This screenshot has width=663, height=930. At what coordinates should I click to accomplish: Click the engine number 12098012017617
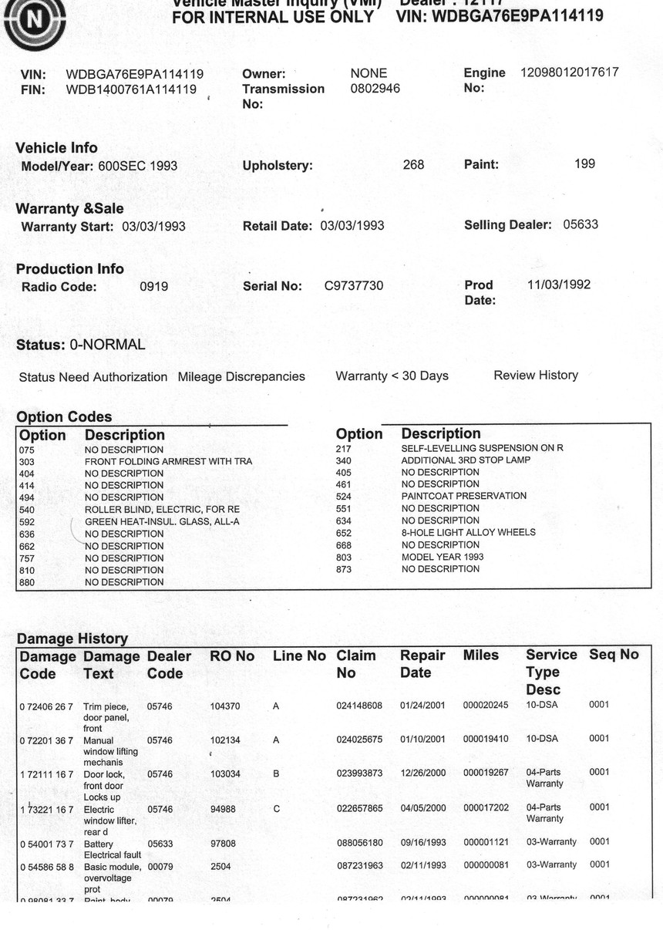tap(569, 72)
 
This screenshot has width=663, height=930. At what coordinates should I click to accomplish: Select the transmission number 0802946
tap(375, 89)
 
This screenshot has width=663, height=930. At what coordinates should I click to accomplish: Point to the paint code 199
tap(584, 163)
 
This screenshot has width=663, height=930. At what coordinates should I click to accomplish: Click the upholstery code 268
tap(413, 164)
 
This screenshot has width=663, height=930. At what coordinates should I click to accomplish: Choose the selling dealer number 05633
tap(581, 224)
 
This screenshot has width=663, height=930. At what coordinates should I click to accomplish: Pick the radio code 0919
tap(153, 286)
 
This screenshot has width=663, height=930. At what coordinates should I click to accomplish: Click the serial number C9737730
tap(353, 286)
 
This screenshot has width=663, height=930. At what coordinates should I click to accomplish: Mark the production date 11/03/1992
tap(559, 285)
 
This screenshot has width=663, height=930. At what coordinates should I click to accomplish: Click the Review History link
tap(536, 376)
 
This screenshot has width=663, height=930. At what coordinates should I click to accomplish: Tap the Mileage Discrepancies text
tap(241, 377)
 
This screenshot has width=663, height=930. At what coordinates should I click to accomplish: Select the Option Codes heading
tap(64, 417)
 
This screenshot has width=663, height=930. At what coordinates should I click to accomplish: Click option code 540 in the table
tap(27, 510)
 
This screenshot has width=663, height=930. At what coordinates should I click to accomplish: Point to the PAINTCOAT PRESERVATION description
tap(464, 496)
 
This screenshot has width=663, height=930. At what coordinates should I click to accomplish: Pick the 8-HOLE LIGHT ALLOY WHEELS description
tap(468, 532)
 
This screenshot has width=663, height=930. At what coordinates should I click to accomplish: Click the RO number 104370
tap(225, 706)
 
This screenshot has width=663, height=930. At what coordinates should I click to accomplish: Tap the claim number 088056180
tap(359, 844)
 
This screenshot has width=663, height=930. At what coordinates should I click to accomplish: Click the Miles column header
tap(480, 655)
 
